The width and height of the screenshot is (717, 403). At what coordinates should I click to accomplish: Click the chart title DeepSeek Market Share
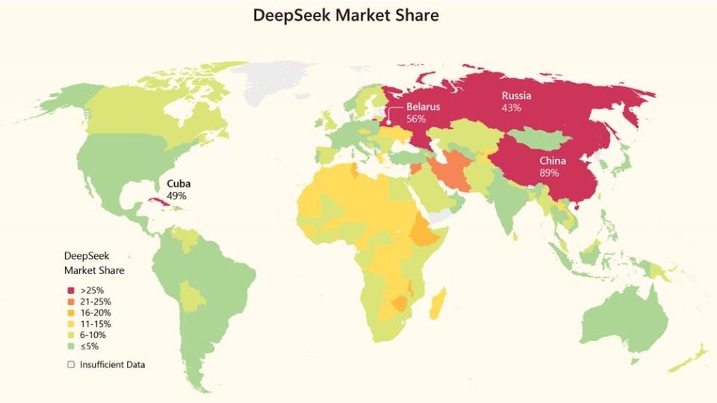click(346, 15)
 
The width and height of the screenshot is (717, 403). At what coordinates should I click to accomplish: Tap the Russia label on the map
click(516, 96)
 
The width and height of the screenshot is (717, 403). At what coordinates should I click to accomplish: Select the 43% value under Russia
click(512, 108)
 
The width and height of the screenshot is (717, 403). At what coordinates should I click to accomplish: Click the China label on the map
click(553, 161)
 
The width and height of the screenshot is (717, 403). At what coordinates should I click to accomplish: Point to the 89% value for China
click(549, 173)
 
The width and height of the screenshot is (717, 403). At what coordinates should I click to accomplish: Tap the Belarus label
click(423, 107)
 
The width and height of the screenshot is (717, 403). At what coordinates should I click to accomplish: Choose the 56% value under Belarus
click(416, 119)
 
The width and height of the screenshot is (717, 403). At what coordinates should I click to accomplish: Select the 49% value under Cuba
click(176, 196)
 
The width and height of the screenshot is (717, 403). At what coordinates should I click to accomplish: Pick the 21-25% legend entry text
click(96, 302)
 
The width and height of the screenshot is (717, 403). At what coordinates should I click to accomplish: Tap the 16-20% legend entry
click(96, 313)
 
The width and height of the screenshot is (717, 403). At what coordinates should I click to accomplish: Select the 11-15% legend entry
click(96, 324)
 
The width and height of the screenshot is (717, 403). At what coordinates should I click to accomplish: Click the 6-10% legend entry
click(93, 335)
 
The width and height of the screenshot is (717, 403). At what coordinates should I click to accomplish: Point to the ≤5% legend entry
click(90, 346)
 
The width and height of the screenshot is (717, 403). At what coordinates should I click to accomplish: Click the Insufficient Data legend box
click(71, 365)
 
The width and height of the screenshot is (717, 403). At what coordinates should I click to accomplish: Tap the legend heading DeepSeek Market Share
click(94, 263)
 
